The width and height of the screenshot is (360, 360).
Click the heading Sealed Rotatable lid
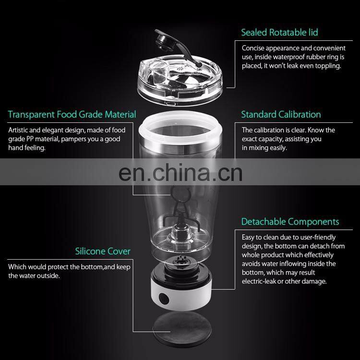279,32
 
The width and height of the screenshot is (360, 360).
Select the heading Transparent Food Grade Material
72,114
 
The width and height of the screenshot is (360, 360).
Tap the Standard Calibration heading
281,114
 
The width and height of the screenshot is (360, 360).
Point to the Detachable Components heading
290,222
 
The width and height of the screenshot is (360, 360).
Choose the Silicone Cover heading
103,251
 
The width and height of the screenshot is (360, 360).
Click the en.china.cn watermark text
180,173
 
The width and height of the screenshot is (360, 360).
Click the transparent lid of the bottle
180,80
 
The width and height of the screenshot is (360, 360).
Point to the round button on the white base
164,299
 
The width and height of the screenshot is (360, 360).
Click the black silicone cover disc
182,329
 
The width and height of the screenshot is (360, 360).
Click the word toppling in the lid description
328,66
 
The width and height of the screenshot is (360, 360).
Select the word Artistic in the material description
18,130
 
